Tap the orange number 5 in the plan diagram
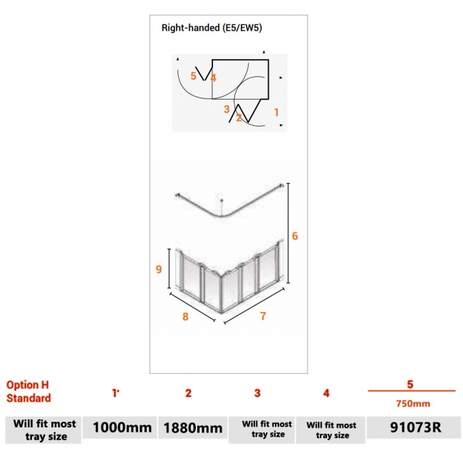click(193, 76)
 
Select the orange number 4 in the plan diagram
click(213, 78)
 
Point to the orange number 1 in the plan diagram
click(276, 112)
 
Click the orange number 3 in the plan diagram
click(227, 109)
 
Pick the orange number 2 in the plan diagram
click(239, 118)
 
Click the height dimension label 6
click(295, 236)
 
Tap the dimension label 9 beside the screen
click(159, 269)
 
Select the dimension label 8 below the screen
click(186, 316)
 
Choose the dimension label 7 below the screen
click(263, 316)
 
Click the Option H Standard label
click(28, 391)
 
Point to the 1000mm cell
click(118, 428)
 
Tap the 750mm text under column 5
click(411, 403)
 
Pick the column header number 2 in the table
click(188, 392)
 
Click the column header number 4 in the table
click(326, 392)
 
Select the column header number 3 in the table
click(257, 392)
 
